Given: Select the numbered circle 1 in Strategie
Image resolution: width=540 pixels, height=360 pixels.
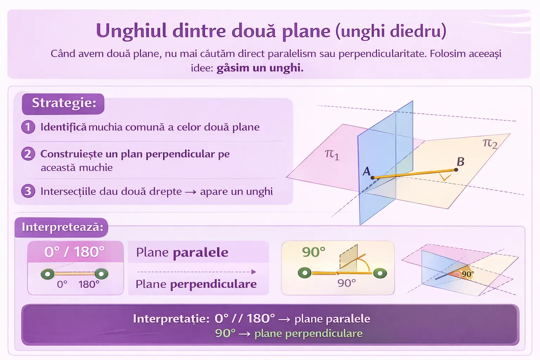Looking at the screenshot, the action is click(x=28, y=127).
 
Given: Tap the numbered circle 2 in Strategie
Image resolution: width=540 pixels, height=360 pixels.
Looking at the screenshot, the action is click(x=28, y=154).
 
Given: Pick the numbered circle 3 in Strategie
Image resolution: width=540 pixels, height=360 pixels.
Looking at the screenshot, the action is click(x=28, y=191).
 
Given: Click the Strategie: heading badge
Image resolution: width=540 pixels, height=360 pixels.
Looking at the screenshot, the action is click(x=63, y=104).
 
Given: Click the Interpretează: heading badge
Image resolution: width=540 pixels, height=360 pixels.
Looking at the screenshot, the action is click(x=62, y=227).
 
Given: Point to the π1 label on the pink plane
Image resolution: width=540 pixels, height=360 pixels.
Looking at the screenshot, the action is click(x=332, y=154).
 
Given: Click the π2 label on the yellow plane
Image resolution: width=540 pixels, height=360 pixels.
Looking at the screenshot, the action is click(x=490, y=143).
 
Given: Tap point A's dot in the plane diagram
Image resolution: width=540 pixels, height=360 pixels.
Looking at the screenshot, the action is click(x=372, y=178).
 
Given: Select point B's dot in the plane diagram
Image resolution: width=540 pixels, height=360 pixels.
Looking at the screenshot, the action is click(x=456, y=170).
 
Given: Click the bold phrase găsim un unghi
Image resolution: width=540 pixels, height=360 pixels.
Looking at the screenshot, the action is click(x=260, y=68).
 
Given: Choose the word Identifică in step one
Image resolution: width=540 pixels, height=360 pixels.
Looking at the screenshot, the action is click(x=63, y=127).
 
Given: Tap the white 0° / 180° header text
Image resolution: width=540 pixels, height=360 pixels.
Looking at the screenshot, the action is click(x=75, y=252).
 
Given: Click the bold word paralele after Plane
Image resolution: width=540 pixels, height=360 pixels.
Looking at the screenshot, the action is click(x=201, y=252).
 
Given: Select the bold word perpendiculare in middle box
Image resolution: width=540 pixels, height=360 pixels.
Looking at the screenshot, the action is click(x=213, y=284).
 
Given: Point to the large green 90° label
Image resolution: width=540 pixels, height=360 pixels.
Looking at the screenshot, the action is click(x=314, y=252).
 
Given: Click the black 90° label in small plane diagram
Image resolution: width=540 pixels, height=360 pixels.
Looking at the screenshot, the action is click(x=468, y=274).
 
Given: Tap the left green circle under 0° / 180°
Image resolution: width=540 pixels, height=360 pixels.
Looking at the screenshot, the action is click(x=47, y=274).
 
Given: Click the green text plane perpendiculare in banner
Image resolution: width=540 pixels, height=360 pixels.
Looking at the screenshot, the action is click(x=309, y=334).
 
